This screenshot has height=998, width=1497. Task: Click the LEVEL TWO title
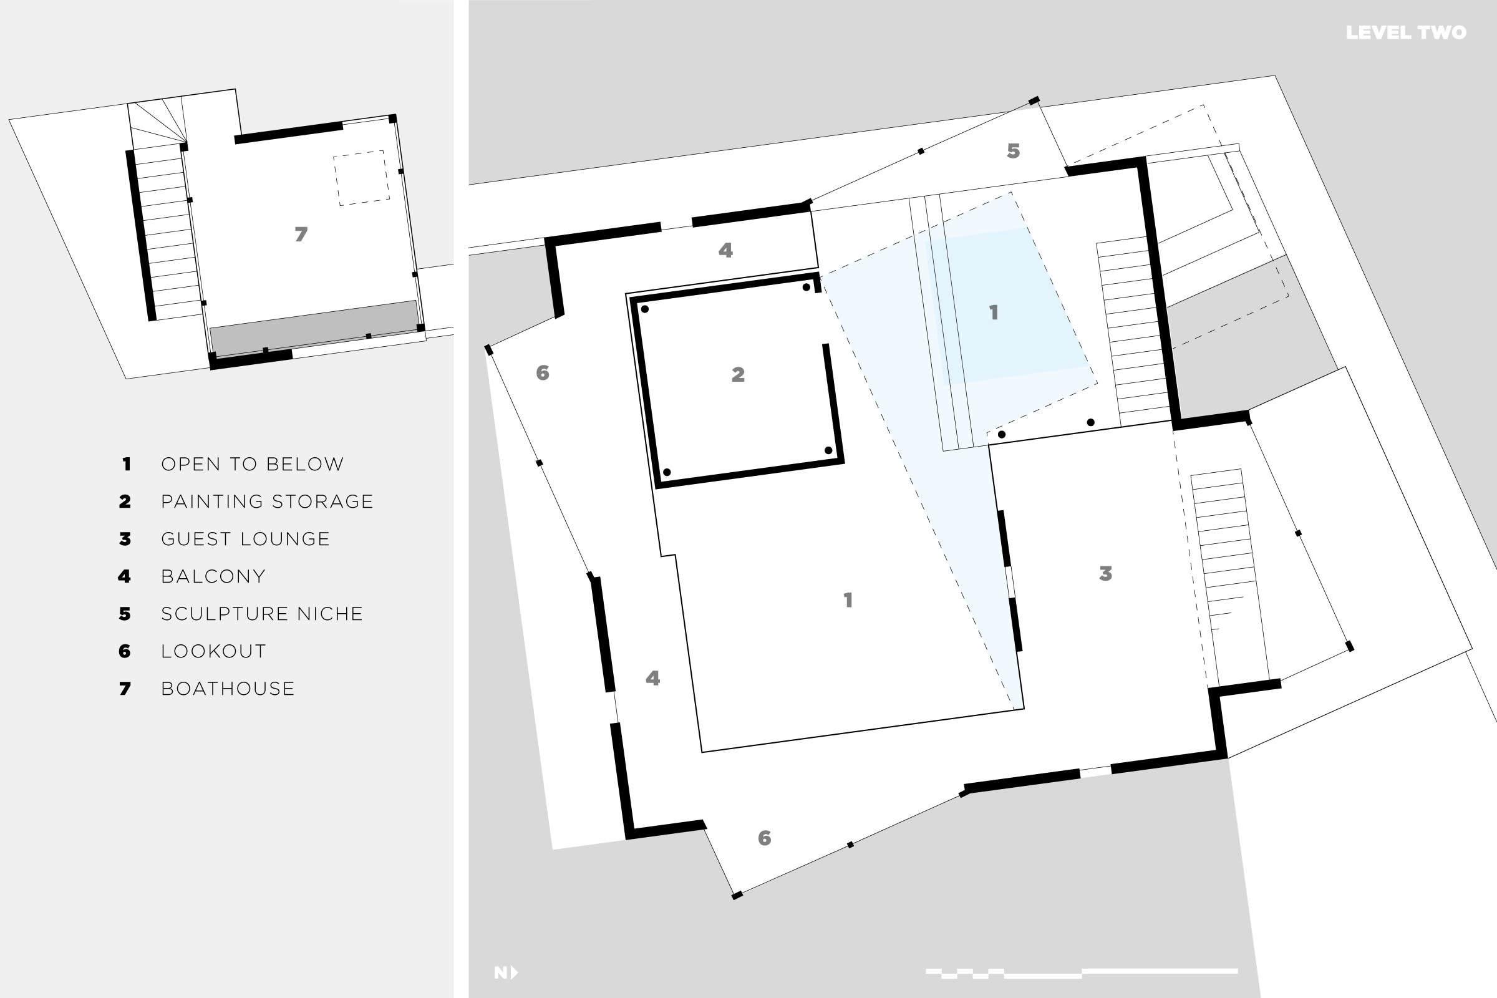1405,32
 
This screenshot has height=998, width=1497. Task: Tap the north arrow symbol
506,972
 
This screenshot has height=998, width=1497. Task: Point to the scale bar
1082,972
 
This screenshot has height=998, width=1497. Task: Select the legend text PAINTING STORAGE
267,501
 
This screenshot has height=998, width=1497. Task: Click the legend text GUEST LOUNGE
245,539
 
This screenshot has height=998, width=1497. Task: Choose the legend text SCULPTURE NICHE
261,614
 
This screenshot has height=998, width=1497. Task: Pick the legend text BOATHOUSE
228,689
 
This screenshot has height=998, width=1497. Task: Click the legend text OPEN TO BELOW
252,464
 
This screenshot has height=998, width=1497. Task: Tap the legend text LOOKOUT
213,651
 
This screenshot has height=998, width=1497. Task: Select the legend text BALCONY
213,576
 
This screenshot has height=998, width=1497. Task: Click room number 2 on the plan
738,374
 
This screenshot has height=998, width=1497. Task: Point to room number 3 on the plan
1105,573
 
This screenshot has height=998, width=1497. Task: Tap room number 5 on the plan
1013,151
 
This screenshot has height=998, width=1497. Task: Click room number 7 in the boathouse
301,235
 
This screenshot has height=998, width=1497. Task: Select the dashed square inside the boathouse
361,178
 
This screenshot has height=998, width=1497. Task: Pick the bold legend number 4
124,576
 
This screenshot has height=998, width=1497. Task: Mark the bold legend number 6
125,651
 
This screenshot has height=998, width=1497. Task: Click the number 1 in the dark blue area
993,312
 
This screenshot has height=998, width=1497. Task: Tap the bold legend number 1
127,464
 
